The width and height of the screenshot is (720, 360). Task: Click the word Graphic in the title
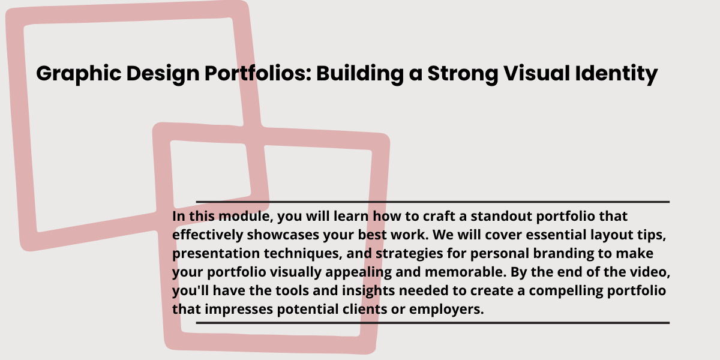79,74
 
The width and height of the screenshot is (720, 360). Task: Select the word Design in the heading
163,74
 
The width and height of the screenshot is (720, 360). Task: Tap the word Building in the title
360,74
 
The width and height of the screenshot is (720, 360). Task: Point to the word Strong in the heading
463,74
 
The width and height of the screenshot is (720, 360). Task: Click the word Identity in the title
617,74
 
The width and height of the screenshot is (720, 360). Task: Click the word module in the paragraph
245,216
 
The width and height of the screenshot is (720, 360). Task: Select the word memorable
466,272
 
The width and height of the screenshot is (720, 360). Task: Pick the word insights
368,291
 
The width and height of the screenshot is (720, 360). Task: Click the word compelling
566,291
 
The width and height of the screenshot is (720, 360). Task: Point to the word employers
446,310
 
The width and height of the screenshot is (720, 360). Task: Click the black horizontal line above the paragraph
433,202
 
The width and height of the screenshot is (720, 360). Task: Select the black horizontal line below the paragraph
433,323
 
